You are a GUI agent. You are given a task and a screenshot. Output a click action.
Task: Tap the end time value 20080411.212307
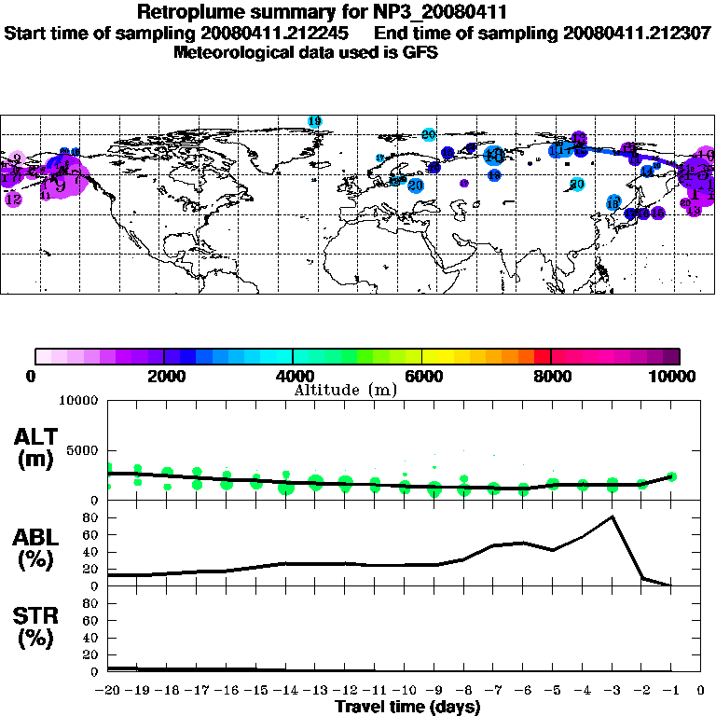point(637,33)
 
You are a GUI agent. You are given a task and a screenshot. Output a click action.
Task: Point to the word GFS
point(420,52)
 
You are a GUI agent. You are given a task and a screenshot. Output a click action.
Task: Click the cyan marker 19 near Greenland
point(314,121)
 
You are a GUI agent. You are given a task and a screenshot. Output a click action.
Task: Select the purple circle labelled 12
point(13,199)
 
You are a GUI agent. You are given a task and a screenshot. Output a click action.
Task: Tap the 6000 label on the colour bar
point(422,377)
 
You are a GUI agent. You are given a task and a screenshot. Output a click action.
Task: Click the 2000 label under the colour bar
point(164,377)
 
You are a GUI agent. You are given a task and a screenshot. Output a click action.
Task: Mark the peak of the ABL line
point(612,516)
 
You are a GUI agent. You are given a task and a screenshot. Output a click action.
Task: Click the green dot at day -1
point(671,476)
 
